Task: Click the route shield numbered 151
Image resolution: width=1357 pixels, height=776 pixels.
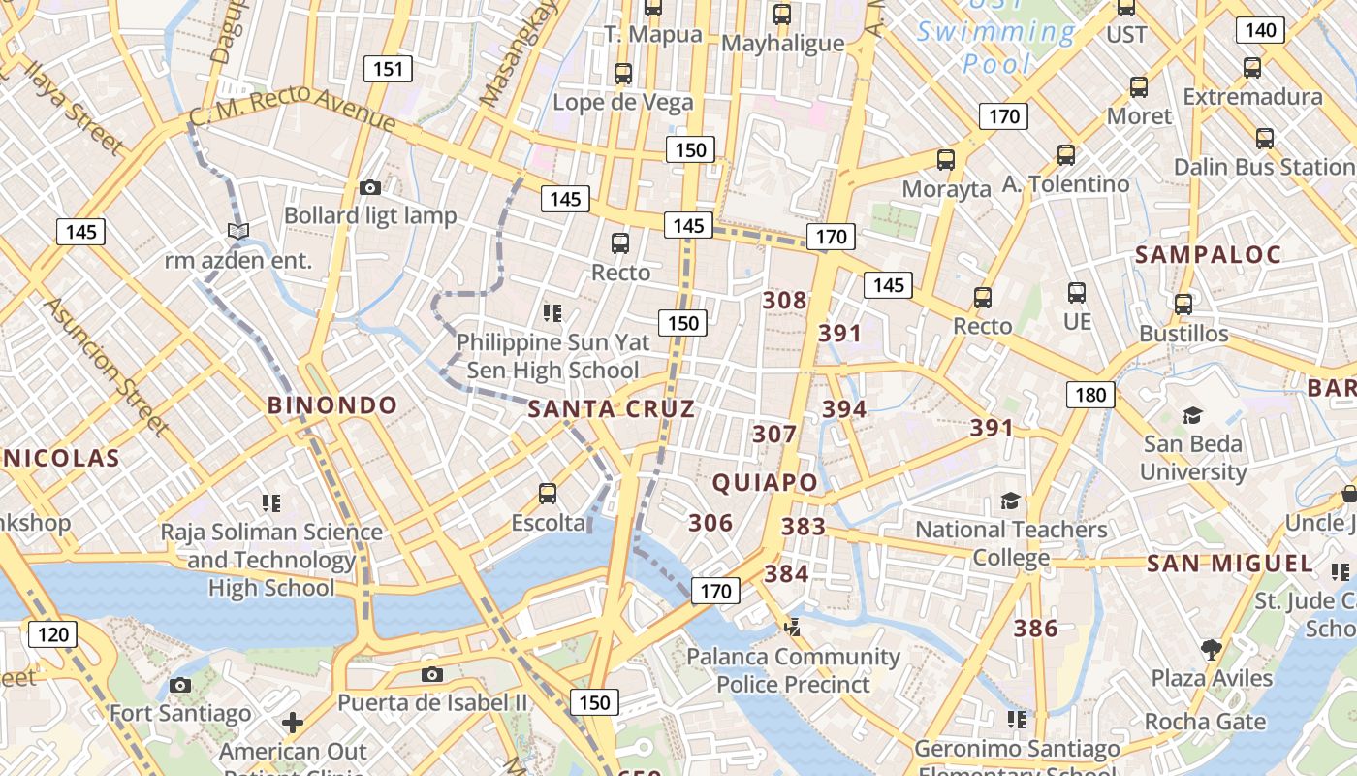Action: coord(388,69)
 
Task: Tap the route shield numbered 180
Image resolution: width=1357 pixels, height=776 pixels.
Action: coord(1090,395)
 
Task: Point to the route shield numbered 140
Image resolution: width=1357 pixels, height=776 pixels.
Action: coord(1260,30)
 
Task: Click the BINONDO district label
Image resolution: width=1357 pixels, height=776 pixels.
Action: coord(332,405)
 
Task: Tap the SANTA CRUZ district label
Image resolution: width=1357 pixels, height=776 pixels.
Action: coord(611,409)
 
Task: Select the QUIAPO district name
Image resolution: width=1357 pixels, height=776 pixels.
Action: coord(765,482)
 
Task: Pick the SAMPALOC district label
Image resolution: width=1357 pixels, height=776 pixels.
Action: coord(1208,255)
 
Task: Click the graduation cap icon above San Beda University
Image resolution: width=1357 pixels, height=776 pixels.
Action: coord(1192,415)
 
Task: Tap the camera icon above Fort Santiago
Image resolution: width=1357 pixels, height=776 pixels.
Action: coord(179,685)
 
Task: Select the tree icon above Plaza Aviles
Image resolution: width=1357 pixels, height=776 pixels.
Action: coord(1210,649)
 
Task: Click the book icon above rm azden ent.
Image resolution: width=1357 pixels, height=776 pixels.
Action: coord(237,231)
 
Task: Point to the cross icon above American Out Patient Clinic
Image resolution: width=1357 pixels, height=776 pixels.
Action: coord(292,723)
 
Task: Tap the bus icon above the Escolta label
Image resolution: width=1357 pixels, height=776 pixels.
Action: coord(548,494)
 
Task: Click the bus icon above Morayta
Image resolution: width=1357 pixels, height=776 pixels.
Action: coord(946,160)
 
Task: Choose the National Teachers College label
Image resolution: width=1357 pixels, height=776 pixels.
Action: coord(1011,543)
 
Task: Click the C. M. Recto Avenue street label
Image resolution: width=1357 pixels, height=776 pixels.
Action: coord(293,108)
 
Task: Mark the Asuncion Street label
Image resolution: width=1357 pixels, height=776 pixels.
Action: coord(106,366)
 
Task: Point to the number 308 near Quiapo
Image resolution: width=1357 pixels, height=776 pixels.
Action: coord(784,301)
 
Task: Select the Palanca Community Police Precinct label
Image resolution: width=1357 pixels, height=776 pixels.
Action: coord(794,670)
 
